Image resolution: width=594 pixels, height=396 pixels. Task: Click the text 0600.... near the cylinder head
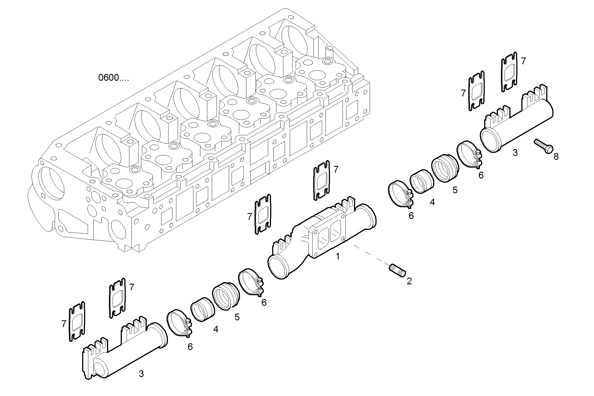[113, 78]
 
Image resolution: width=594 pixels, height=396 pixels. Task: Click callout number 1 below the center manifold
[338, 256]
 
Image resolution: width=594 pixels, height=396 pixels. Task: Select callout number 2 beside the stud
[409, 281]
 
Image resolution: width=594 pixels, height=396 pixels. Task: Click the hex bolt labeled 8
[543, 146]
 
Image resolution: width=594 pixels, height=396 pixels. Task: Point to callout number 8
[556, 157]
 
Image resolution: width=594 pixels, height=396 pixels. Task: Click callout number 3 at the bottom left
[141, 374]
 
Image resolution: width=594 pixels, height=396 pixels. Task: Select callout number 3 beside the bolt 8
[515, 152]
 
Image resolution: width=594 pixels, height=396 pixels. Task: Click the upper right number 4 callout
[432, 202]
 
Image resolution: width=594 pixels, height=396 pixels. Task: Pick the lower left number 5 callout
[237, 317]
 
